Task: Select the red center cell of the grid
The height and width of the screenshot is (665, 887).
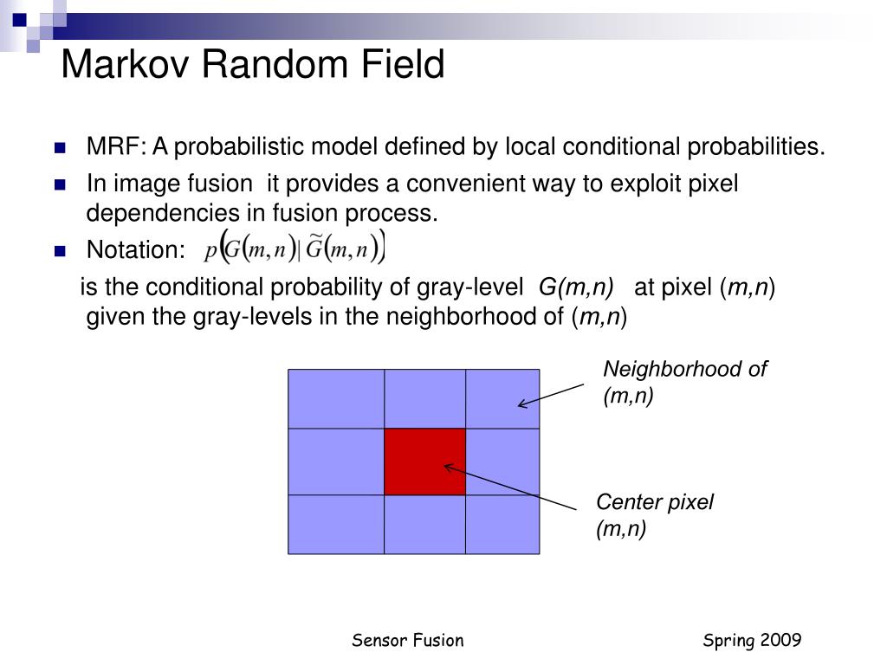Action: click(424, 462)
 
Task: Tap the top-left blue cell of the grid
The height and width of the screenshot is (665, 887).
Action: click(336, 398)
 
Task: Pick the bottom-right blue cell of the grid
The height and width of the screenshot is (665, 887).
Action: click(502, 524)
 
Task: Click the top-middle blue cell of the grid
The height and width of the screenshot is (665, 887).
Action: click(424, 398)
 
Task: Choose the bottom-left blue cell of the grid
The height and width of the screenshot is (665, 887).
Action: click(336, 524)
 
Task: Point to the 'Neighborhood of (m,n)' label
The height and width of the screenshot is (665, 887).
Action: click(684, 383)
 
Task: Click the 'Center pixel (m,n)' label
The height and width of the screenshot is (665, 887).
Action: click(654, 515)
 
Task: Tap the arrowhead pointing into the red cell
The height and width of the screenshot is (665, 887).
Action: click(447, 467)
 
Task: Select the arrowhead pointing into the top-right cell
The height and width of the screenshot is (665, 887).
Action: click(521, 403)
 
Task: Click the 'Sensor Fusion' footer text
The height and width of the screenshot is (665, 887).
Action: click(407, 640)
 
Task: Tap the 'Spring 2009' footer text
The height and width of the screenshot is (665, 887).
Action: click(752, 640)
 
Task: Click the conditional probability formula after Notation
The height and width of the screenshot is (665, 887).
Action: click(295, 249)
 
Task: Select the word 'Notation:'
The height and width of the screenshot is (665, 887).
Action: click(136, 250)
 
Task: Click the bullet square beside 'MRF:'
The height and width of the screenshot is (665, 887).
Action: click(60, 147)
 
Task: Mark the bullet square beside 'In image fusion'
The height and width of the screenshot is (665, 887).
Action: click(60, 184)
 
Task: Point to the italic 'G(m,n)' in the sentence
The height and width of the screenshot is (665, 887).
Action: click(576, 287)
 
